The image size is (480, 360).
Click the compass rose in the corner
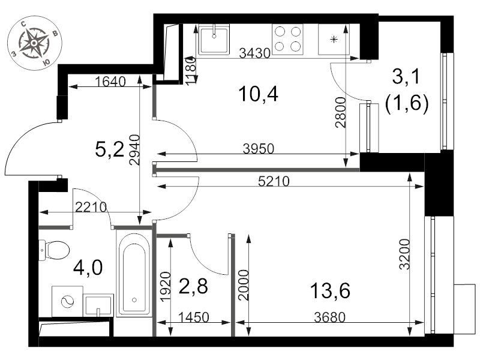(34, 43)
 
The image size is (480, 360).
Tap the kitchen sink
(214, 39)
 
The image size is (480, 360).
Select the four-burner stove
(288, 39)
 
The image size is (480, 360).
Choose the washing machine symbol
(67, 302)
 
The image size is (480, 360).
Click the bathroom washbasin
(98, 305)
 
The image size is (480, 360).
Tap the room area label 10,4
(259, 94)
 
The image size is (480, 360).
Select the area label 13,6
(330, 290)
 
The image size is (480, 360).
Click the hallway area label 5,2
(109, 149)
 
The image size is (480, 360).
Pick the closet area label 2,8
(193, 286)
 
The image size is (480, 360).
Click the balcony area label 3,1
(407, 77)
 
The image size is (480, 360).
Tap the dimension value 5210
(274, 182)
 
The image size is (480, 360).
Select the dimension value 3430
(254, 53)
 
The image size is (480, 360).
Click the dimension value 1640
(110, 82)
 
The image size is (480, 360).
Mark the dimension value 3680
(329, 317)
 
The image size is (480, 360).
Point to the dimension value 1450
(193, 317)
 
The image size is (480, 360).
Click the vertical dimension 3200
(404, 254)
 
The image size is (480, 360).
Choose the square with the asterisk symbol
(334, 39)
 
